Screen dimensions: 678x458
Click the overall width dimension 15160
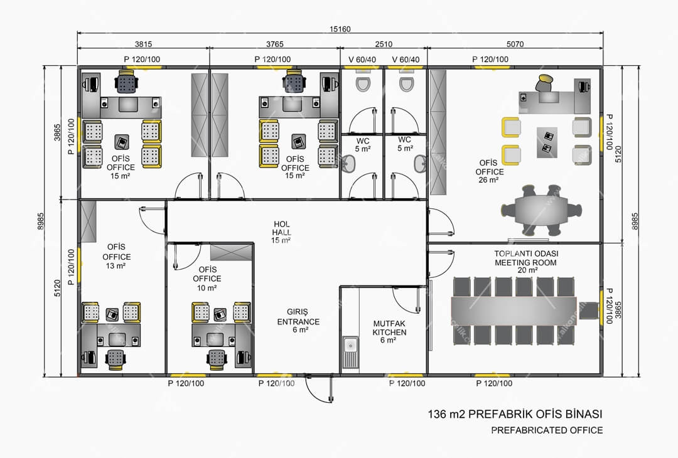(x=340, y=29)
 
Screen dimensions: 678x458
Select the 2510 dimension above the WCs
(x=384, y=44)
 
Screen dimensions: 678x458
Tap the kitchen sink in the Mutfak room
(x=351, y=352)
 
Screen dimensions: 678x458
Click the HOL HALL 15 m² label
(x=281, y=232)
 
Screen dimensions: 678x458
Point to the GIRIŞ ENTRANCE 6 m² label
(x=298, y=321)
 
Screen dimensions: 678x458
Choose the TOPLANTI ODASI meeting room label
(x=526, y=262)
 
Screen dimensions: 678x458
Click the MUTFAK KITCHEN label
(x=389, y=332)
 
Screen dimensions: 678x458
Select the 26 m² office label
(x=488, y=171)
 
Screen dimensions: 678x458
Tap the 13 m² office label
(x=116, y=256)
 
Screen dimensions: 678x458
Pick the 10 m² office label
(x=207, y=279)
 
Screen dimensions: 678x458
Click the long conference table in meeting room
(x=514, y=311)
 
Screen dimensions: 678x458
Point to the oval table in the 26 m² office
(x=541, y=210)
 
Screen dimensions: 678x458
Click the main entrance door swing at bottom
(x=319, y=389)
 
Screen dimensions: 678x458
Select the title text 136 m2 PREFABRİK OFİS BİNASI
(x=515, y=414)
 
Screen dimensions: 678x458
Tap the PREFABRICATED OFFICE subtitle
(x=547, y=430)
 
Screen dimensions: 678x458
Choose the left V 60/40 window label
(x=362, y=60)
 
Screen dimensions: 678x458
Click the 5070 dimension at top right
(x=515, y=44)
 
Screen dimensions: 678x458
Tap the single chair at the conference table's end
(x=588, y=311)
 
